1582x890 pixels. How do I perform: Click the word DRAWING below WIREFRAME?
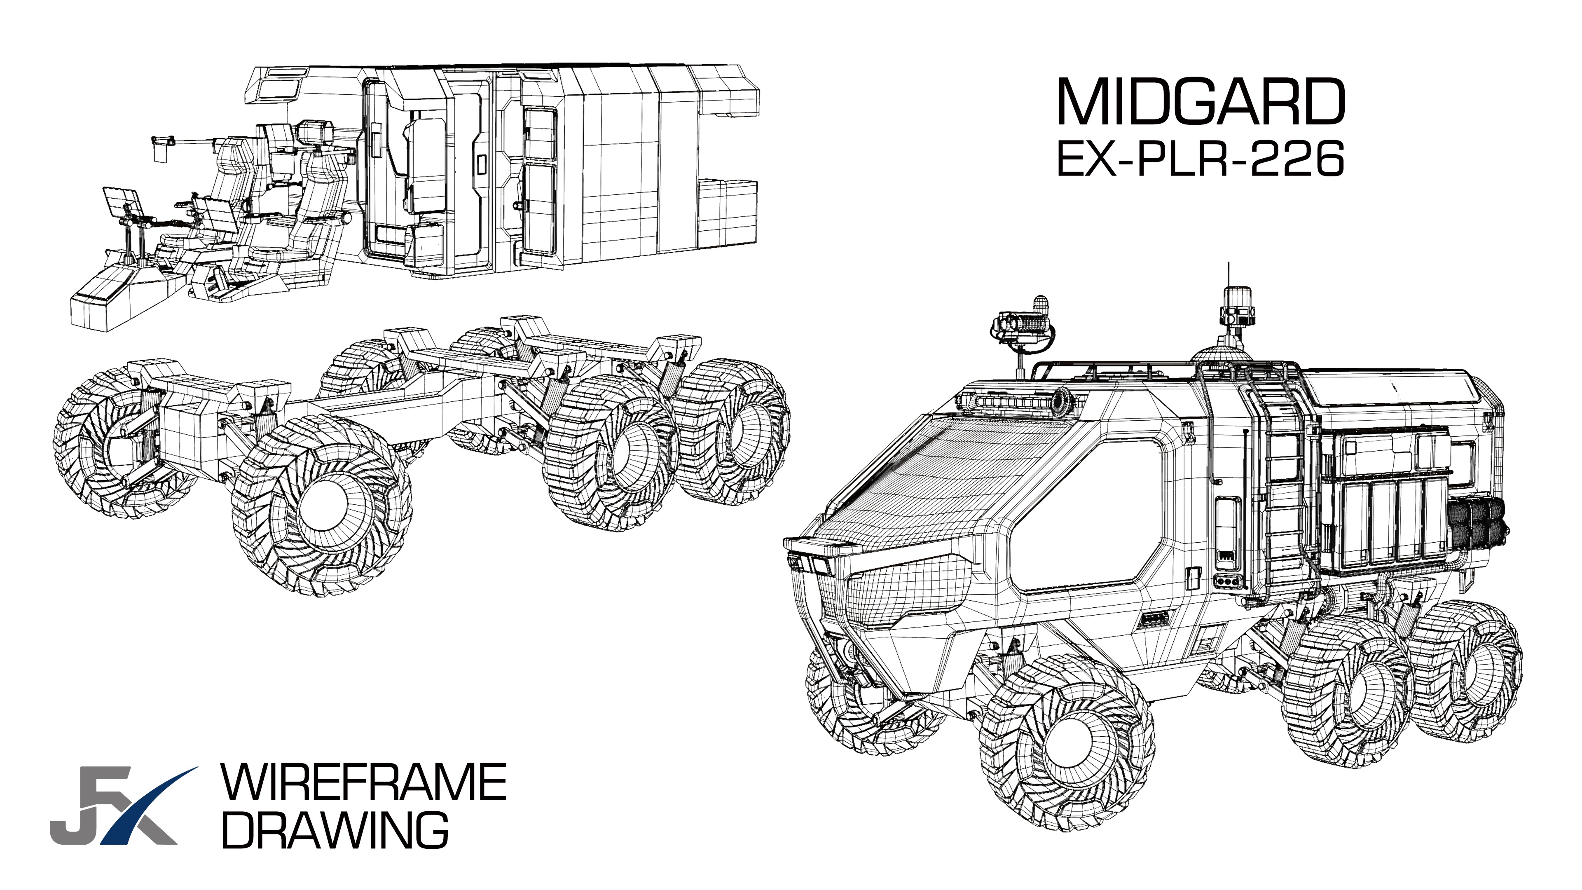(335, 830)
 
